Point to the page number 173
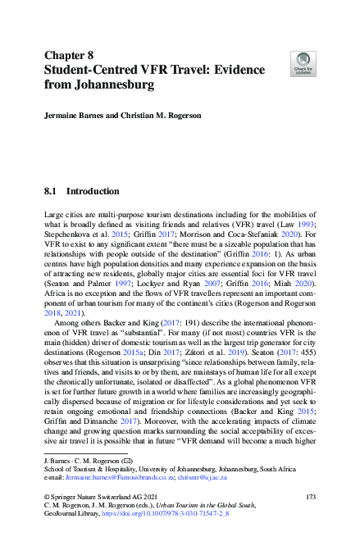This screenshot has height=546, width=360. click(x=310, y=498)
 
